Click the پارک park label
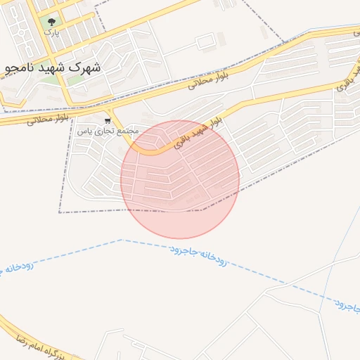(x=50, y=32)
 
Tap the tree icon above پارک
(x=51, y=22)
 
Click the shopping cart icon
(x=107, y=120)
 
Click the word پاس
(x=83, y=131)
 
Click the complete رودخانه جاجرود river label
(x=198, y=256)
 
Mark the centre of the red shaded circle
(x=180, y=179)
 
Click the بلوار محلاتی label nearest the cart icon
(x=48, y=119)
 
